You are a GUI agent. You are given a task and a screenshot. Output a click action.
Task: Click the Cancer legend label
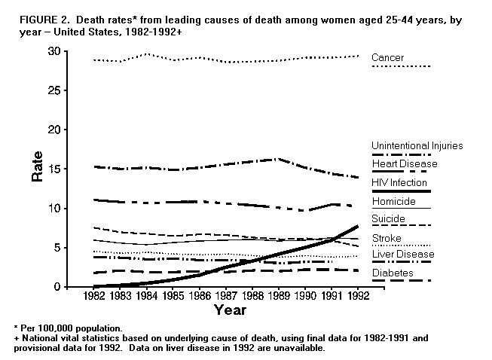(387, 57)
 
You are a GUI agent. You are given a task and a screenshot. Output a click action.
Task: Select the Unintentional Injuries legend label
(417, 145)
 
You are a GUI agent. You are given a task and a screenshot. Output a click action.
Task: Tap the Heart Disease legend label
(404, 163)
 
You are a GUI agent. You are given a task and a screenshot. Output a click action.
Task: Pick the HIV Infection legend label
(399, 182)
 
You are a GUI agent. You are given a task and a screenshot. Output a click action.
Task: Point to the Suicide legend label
(389, 219)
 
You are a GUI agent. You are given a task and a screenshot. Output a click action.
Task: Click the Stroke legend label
(387, 238)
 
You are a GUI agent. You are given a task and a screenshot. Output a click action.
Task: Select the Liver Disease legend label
(403, 255)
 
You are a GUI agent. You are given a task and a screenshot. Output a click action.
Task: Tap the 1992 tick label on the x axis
(357, 296)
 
